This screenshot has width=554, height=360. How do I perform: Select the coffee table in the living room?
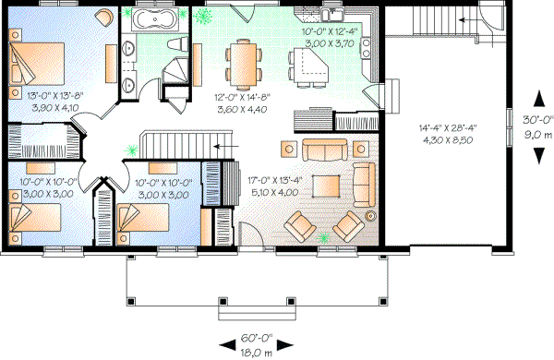point(326,186)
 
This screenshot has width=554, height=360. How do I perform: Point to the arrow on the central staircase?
point(221,145)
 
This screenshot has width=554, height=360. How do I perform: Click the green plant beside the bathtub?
point(202,17)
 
